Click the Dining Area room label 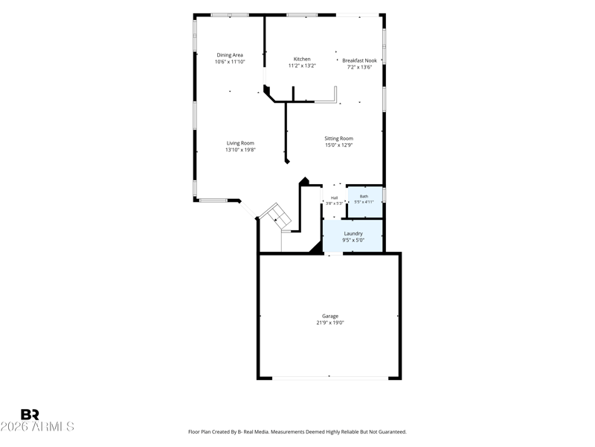(x=230, y=55)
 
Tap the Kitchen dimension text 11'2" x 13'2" (x=302, y=66)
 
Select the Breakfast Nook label (x=359, y=60)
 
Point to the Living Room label (x=240, y=143)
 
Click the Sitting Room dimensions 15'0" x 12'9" (x=338, y=145)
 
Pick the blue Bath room (x=365, y=202)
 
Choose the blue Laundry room (x=353, y=235)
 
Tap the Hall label (x=334, y=197)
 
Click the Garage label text (x=330, y=316)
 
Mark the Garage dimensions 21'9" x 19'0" (x=330, y=323)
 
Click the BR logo (x=30, y=415)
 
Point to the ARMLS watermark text (x=53, y=427)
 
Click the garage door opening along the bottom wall (x=330, y=378)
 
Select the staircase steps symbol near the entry (x=275, y=217)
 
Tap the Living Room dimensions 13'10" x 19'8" (x=240, y=150)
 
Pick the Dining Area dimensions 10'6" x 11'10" (x=230, y=62)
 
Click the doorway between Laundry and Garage (x=333, y=253)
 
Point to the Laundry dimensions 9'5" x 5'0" (x=353, y=240)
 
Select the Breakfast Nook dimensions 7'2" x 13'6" (x=359, y=67)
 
